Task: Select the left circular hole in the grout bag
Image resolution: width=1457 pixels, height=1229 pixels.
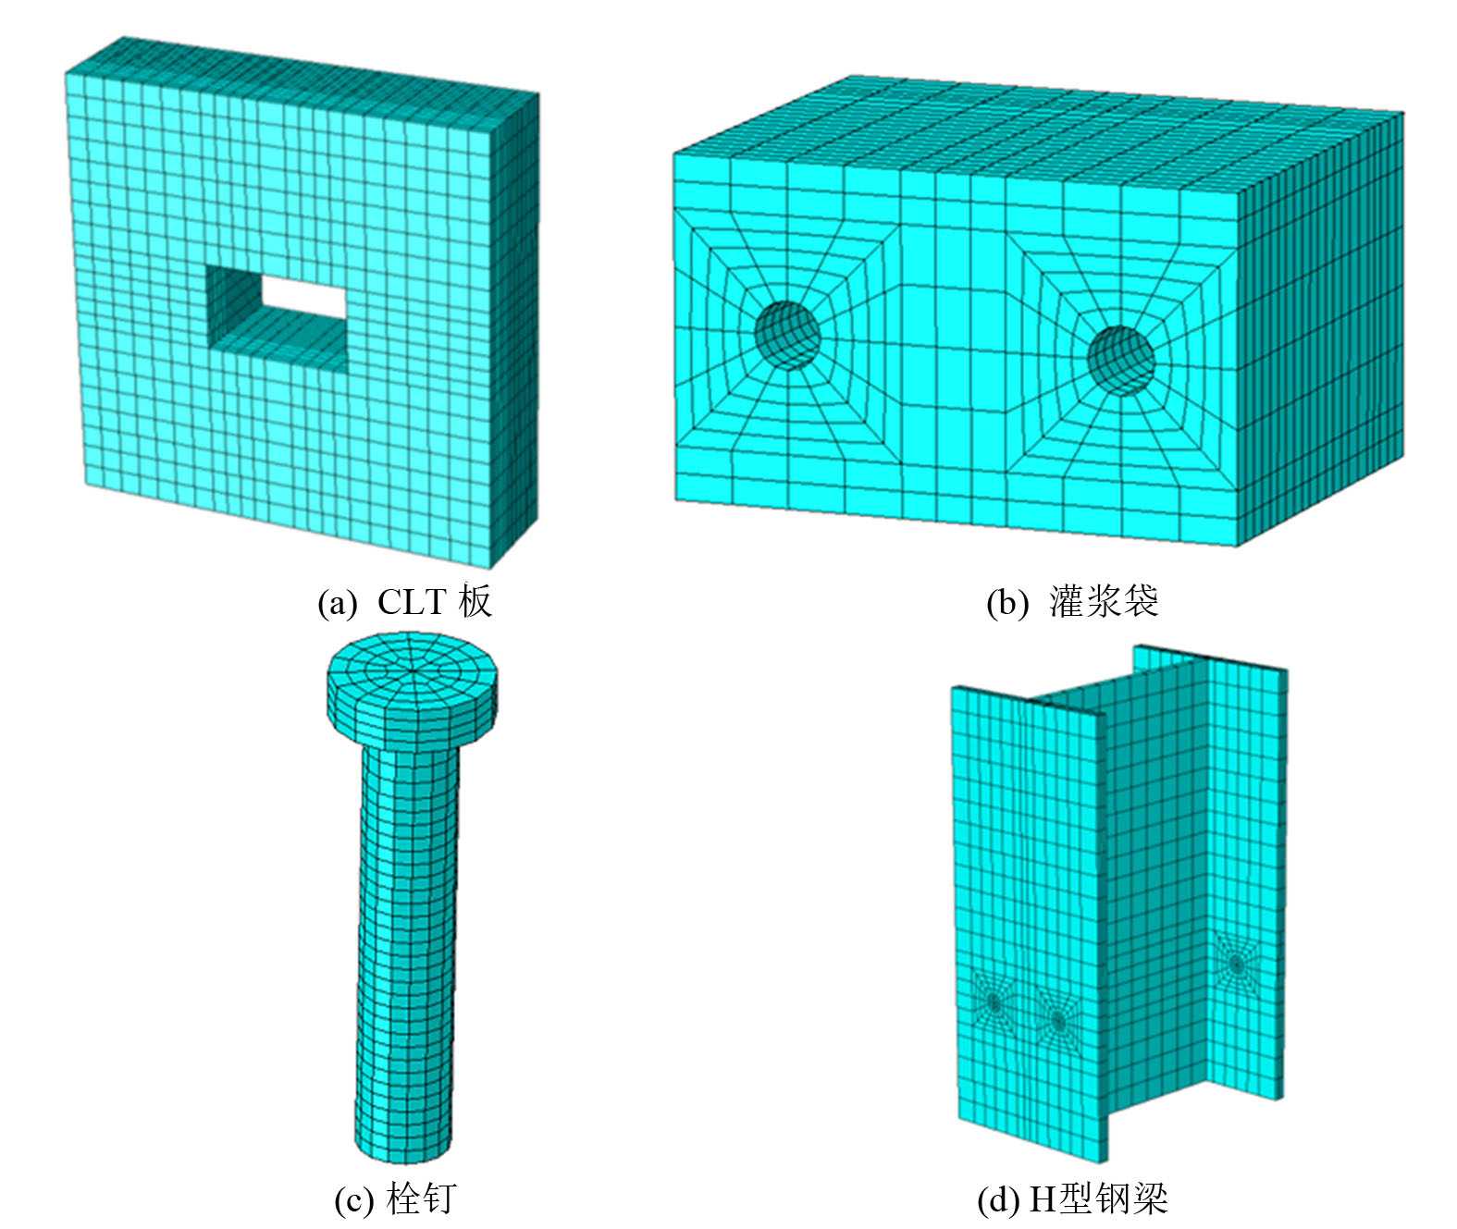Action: pos(787,336)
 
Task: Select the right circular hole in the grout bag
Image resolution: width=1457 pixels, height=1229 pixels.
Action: pos(1120,361)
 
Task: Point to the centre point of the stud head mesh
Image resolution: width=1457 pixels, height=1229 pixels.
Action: pos(414,671)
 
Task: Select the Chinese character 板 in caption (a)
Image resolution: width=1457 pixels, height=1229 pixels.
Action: pos(475,601)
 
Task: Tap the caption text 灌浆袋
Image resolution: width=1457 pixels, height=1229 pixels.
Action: pos(1104,601)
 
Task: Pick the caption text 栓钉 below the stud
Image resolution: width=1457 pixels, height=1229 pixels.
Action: pos(421,1198)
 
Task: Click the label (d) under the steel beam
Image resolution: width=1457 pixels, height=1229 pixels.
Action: pos(1000,1199)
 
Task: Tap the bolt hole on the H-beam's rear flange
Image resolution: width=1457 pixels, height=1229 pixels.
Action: pos(1236,964)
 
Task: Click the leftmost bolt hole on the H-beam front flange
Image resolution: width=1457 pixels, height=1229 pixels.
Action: pos(994,1002)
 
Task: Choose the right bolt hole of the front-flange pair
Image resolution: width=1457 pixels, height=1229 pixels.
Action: pos(1058,1023)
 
